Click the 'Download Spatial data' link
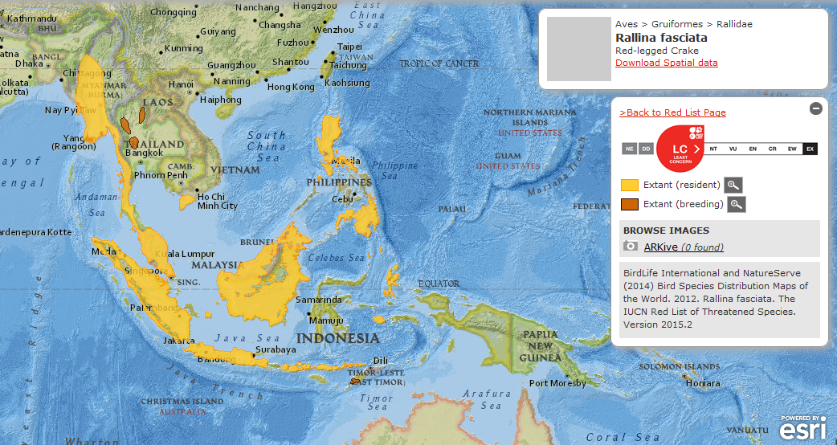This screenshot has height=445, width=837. click(x=666, y=63)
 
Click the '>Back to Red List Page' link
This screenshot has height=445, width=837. click(x=672, y=112)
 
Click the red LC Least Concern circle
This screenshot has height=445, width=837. click(x=680, y=149)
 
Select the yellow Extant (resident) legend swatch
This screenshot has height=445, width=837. click(x=630, y=186)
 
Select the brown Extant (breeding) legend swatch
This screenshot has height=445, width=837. click(x=630, y=204)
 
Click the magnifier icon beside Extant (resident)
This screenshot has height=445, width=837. click(x=733, y=186)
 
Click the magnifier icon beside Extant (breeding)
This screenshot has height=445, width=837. click(x=736, y=204)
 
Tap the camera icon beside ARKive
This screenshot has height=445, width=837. click(x=631, y=247)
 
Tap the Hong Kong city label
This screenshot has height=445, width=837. click(x=291, y=87)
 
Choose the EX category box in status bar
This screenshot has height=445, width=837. click(x=810, y=149)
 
